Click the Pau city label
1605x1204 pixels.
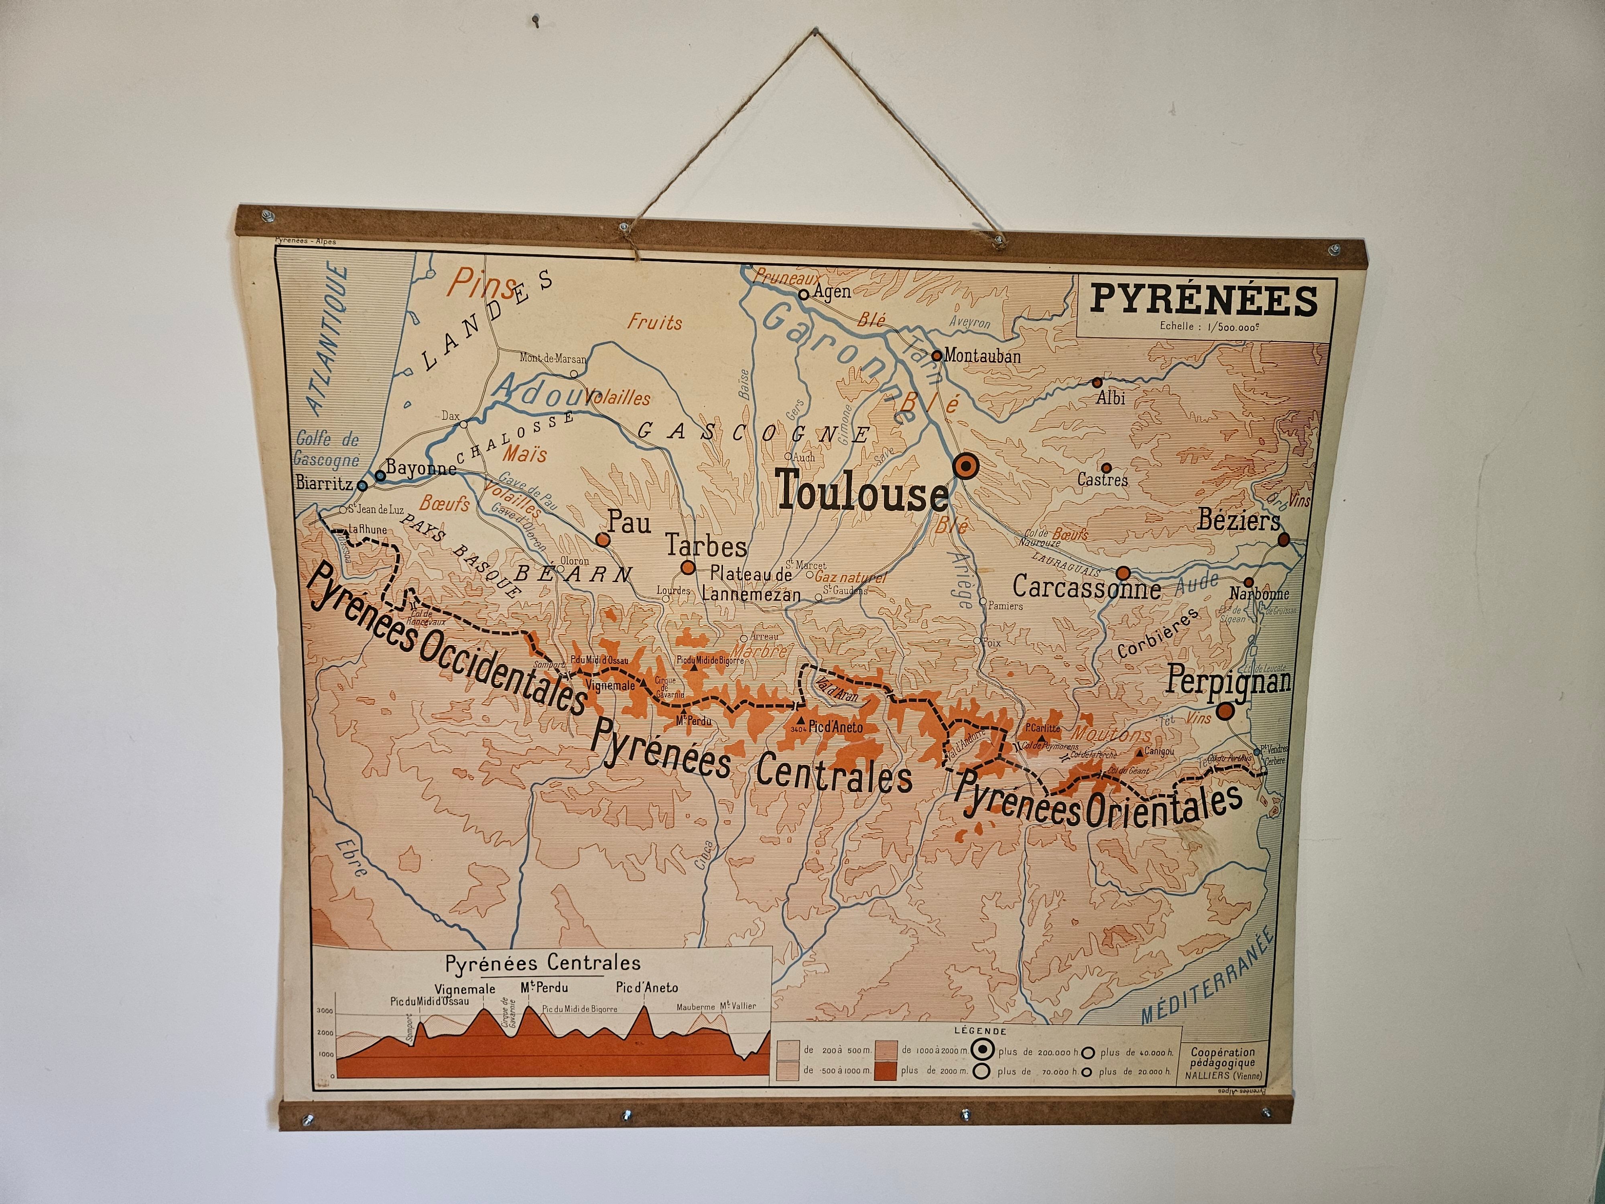point(629,523)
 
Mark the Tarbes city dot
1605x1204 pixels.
point(688,567)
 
